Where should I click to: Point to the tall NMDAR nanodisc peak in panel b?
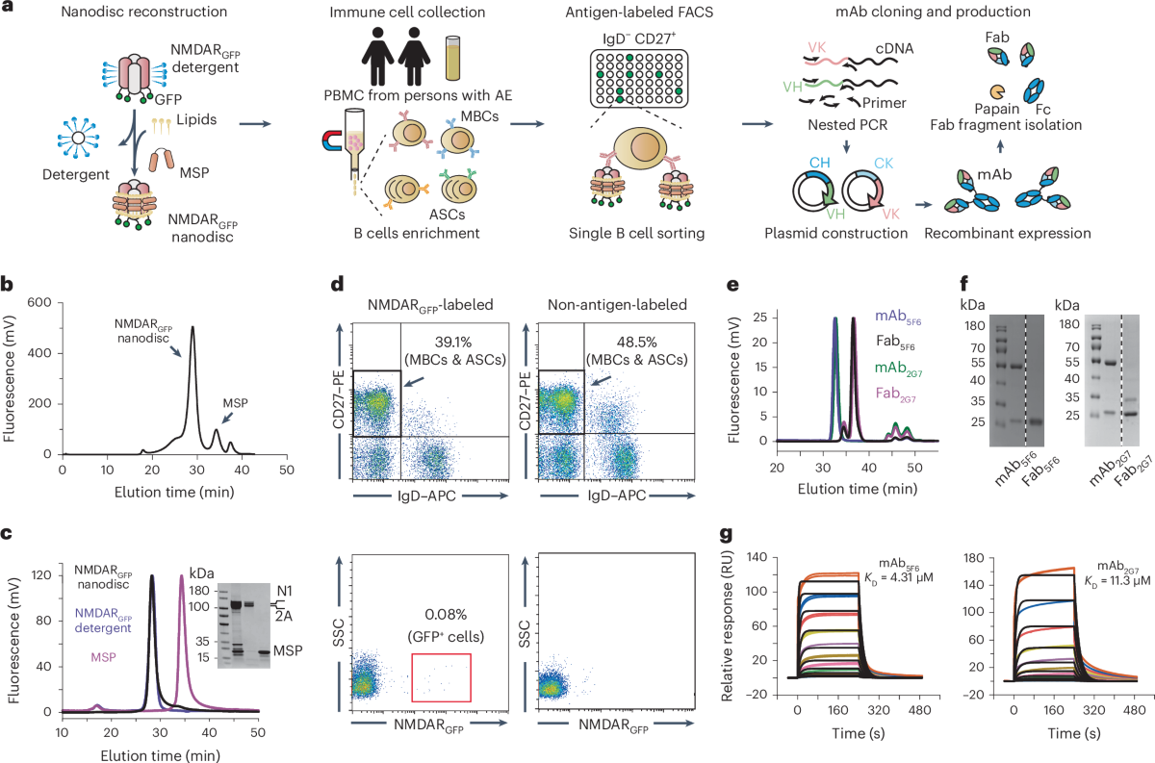192,332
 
